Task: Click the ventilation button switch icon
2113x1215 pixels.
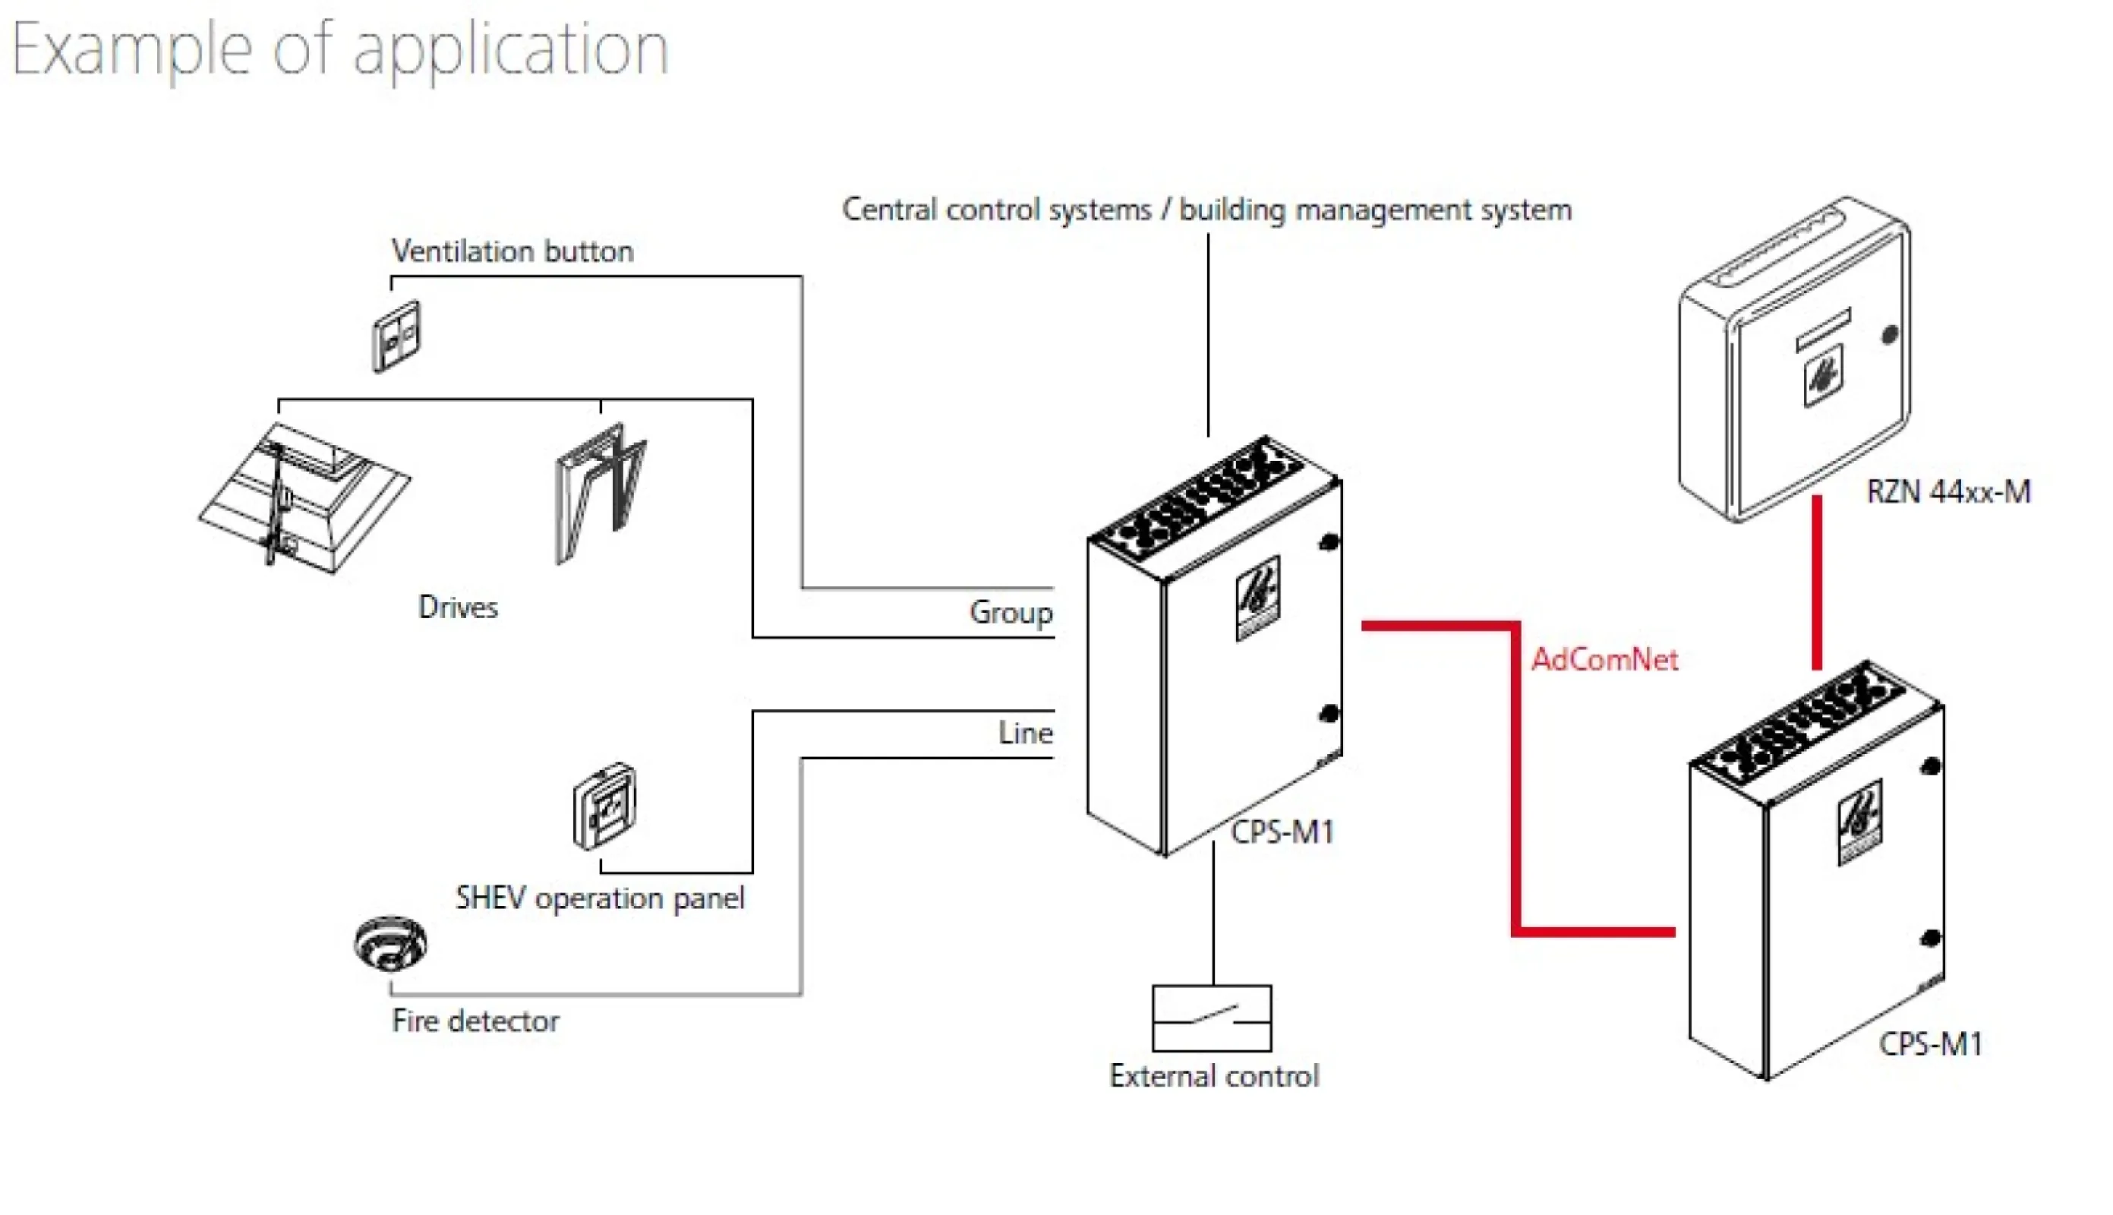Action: pos(396,336)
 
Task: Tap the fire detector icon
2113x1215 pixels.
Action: pos(389,944)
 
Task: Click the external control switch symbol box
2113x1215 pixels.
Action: pos(1211,1018)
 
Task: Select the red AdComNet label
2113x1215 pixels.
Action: pos(1604,660)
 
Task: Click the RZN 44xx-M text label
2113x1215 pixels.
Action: pos(1947,492)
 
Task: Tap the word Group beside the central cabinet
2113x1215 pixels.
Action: pos(1011,614)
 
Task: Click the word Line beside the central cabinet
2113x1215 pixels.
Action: pos(1025,734)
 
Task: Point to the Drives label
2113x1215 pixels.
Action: pos(457,607)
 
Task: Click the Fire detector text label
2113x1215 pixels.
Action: pos(475,1021)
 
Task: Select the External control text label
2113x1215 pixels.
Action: pos(1214,1077)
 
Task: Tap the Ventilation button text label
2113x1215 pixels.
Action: pos(512,251)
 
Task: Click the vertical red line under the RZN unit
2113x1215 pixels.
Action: pos(1816,582)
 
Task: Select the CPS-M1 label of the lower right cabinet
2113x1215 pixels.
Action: pos(1929,1044)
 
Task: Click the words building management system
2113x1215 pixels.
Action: pos(1375,210)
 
